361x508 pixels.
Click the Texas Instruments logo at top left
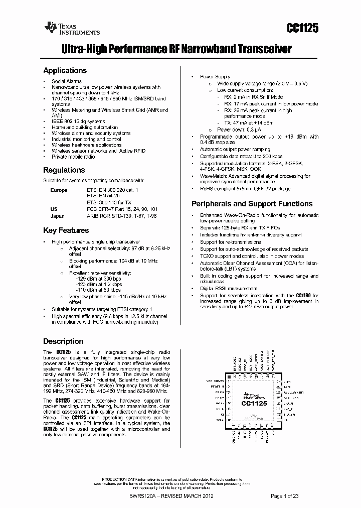point(72,29)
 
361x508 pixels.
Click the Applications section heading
point(65,71)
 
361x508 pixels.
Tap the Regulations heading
point(64,170)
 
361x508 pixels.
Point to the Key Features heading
point(66,230)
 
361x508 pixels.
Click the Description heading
point(63,341)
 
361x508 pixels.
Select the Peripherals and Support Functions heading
point(252,204)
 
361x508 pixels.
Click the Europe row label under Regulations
point(59,191)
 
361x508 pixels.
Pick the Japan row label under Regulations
point(58,216)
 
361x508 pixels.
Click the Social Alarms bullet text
point(67,81)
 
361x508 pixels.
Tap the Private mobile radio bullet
point(73,157)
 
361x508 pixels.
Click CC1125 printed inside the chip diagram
point(254,404)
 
